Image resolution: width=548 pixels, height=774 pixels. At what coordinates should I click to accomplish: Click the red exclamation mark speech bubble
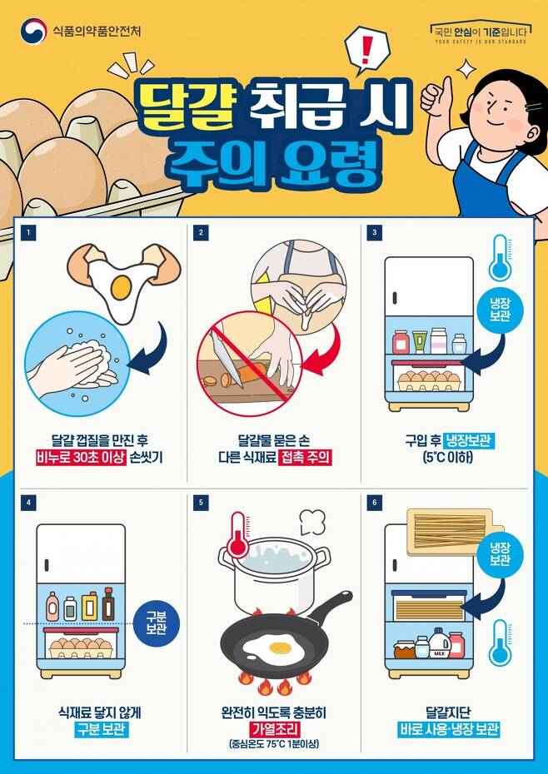click(366, 48)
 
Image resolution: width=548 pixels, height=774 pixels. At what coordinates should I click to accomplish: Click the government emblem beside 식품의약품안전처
click(33, 32)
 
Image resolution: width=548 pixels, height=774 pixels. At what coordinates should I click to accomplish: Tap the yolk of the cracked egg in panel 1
click(121, 287)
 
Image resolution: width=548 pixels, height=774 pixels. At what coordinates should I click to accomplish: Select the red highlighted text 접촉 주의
click(306, 456)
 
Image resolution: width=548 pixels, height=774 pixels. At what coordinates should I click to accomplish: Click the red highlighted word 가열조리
click(274, 729)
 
